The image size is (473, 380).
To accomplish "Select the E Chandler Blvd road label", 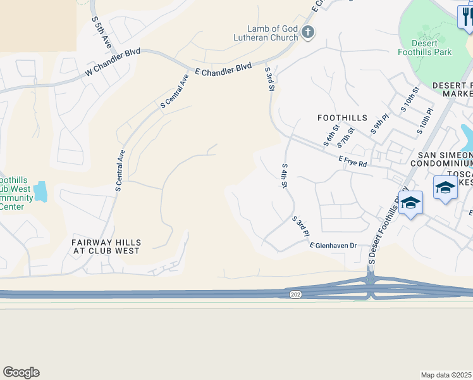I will pos(223,69).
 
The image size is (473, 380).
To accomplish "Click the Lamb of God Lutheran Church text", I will pos(273,32).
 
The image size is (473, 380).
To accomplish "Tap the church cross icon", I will pos(308,32).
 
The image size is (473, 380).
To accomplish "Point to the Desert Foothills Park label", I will pos(425,47).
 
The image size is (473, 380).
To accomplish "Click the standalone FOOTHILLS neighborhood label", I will pos(341,118).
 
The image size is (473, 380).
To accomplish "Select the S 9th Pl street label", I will pos(378,125).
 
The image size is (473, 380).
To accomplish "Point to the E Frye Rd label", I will pos(353,162).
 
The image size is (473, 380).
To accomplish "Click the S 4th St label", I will pos(285,176).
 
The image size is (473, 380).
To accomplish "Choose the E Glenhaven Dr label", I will pos(333,245).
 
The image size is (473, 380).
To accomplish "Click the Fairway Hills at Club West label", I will pos(106,247).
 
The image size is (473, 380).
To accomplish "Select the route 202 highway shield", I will pos(295,294).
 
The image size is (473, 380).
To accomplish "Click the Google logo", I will pos(21,372).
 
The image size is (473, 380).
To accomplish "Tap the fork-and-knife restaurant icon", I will pos(465,17).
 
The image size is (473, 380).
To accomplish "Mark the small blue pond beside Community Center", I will pos(41,191).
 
